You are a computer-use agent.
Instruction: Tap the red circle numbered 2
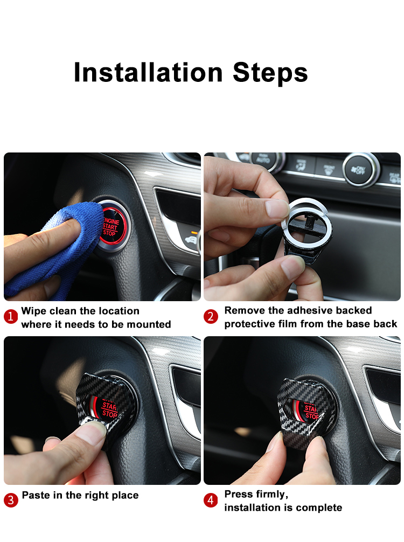pyautogui.click(x=211, y=317)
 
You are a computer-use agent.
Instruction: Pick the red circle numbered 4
pyautogui.click(x=211, y=499)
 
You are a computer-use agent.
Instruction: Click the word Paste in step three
pyautogui.click(x=35, y=495)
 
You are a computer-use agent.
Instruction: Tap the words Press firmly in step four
pyautogui.click(x=256, y=494)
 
